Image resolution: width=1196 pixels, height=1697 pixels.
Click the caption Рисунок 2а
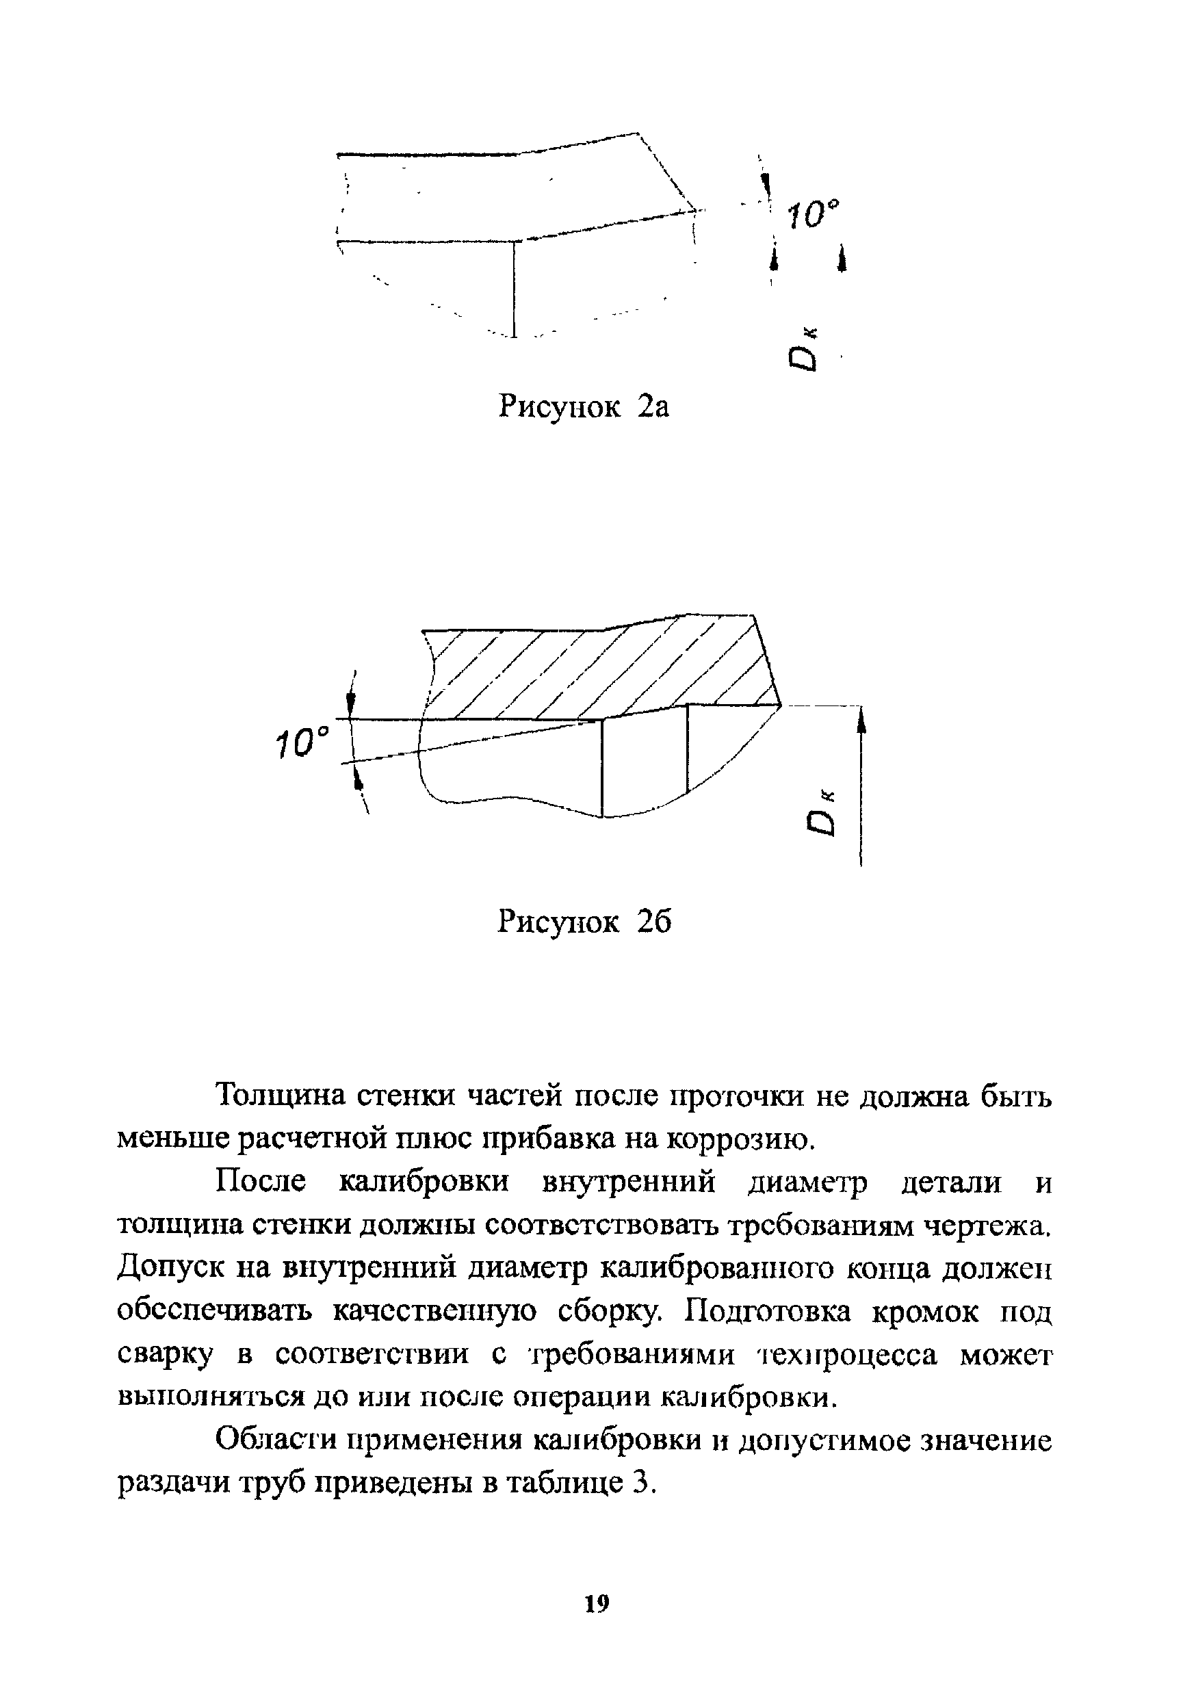tap(584, 406)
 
